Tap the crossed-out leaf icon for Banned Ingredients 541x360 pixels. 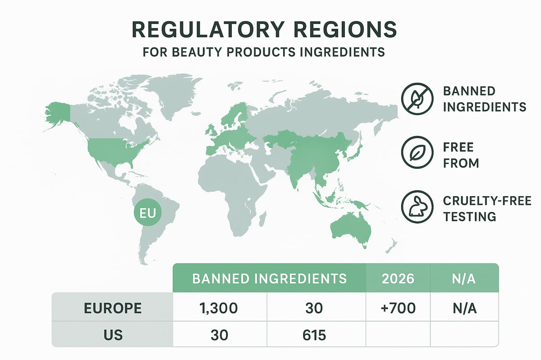417,99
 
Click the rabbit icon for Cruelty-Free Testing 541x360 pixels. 417,207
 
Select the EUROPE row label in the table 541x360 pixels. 113,308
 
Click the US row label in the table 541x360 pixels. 113,335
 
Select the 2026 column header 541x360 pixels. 398,278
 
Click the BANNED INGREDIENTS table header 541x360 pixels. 269,278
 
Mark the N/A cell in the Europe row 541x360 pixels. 465,308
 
